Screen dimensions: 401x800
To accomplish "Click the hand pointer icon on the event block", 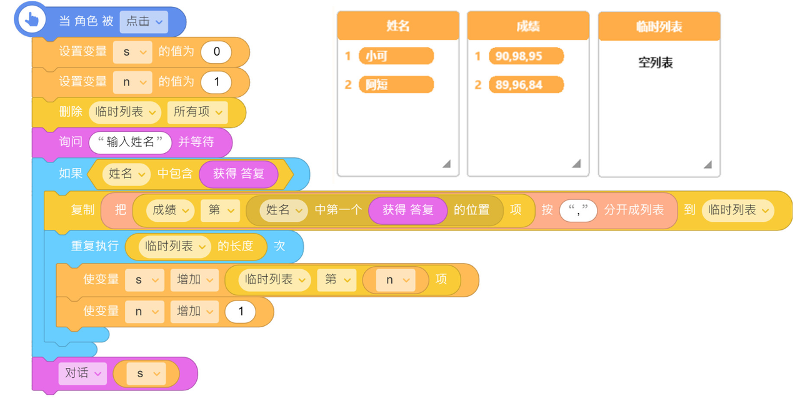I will [x=31, y=20].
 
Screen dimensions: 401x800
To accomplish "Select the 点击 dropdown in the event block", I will [x=144, y=21].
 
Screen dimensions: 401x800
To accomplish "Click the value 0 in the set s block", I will [x=216, y=52].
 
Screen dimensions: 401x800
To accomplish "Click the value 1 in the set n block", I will [x=216, y=82].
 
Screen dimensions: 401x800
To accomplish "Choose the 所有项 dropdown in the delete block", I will [x=197, y=112].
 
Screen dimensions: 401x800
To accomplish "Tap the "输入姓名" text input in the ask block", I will [x=130, y=142].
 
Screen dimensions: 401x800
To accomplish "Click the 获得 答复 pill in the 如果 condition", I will [x=238, y=174].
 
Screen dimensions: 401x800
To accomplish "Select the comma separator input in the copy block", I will [x=578, y=210].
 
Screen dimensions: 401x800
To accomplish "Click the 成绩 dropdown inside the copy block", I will [x=170, y=210].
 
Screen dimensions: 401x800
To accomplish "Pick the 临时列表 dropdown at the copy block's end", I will [x=737, y=210].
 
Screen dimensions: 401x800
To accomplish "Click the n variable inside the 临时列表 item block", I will [x=395, y=280].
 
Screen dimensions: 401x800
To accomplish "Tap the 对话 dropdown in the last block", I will [x=82, y=374].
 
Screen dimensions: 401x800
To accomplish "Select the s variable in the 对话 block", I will [x=146, y=374].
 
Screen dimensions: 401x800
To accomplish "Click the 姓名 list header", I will [x=398, y=26].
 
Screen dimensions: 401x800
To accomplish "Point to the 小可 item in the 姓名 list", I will [x=396, y=56].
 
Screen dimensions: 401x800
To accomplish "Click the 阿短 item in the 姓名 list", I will [x=396, y=84].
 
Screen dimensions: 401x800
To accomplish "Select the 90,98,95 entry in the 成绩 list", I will [x=526, y=56].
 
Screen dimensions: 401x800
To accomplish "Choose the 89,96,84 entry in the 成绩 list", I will [x=526, y=84].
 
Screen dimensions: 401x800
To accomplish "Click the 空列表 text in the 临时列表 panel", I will [x=656, y=63].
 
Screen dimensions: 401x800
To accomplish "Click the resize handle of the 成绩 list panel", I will [x=576, y=164].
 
